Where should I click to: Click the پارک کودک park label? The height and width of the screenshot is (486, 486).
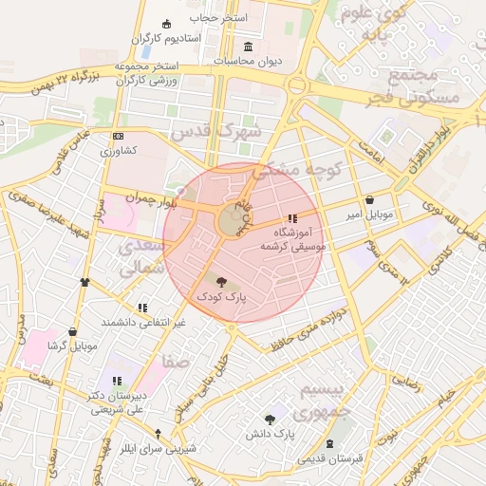(x=220, y=297)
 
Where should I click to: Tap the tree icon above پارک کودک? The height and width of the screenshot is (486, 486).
(x=221, y=282)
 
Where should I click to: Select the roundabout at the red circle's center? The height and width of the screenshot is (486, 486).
(x=231, y=221)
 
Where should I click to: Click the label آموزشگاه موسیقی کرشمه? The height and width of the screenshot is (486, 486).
(x=292, y=238)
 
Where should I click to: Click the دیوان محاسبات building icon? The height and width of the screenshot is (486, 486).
(x=249, y=47)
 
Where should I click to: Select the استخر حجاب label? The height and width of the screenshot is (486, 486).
(x=217, y=18)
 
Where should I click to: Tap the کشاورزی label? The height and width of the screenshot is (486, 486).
(x=120, y=151)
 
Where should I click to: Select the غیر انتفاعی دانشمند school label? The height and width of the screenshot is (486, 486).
(x=141, y=323)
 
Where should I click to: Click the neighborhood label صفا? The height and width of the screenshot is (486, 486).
(x=176, y=363)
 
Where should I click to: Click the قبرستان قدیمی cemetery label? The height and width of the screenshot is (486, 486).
(x=329, y=459)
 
